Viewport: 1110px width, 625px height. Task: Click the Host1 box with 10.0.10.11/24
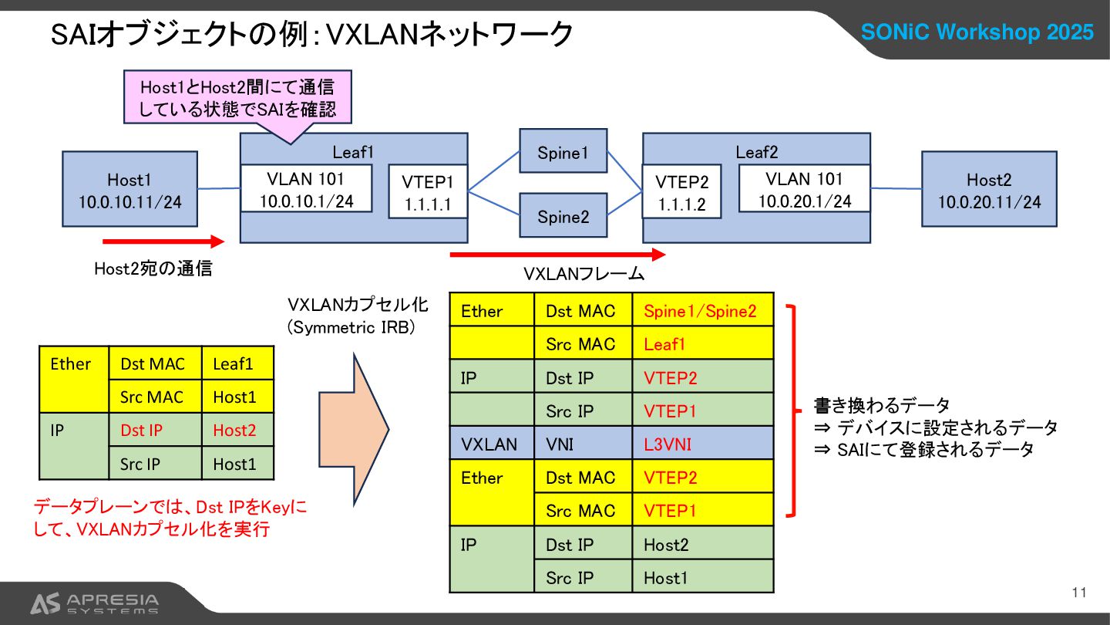(x=129, y=190)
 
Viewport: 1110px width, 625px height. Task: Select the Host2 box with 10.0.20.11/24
(x=989, y=190)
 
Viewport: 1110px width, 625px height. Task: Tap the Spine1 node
(x=563, y=152)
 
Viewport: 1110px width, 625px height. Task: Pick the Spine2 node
(x=563, y=216)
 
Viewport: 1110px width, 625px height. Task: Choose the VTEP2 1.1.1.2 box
(x=681, y=194)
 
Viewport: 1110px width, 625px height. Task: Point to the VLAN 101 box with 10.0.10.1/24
(x=306, y=190)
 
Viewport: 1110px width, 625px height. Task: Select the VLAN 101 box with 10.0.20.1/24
(x=804, y=190)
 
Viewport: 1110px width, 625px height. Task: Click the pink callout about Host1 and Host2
(x=237, y=98)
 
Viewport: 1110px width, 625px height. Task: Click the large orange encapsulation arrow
(x=354, y=428)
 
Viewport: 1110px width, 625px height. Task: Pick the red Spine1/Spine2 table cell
(x=702, y=311)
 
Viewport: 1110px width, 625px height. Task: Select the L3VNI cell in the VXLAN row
(x=702, y=444)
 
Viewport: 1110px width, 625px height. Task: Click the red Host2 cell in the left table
(x=237, y=431)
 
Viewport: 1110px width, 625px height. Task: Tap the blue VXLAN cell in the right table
(x=491, y=444)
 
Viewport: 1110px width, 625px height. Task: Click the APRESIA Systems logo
(x=94, y=603)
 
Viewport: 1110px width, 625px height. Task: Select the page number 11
(x=1078, y=593)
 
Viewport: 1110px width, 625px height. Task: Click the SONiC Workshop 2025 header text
(x=977, y=32)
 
